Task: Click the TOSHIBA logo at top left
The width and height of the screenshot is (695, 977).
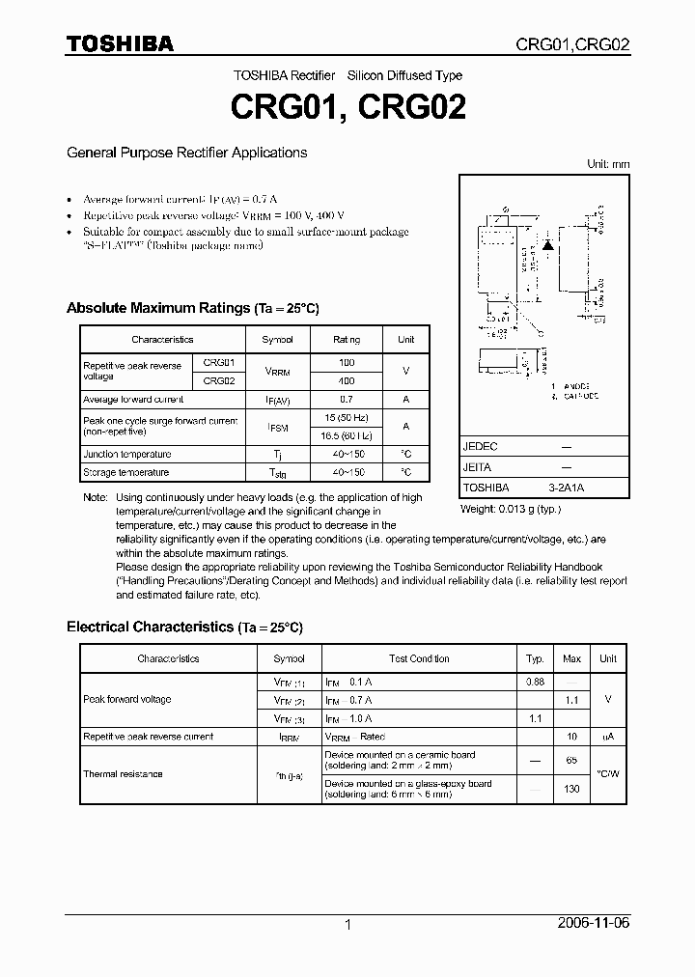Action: [120, 43]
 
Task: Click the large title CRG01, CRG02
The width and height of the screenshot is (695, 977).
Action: [347, 107]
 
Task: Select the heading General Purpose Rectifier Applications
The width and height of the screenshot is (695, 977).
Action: [186, 153]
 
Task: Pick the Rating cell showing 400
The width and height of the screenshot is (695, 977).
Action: [347, 381]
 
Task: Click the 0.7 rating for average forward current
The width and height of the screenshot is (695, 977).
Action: [347, 399]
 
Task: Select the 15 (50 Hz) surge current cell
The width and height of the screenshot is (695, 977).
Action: [347, 417]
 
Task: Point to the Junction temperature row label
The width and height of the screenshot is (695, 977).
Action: [127, 454]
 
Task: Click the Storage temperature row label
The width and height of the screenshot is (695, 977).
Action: [126, 472]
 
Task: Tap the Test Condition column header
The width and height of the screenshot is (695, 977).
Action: [419, 658]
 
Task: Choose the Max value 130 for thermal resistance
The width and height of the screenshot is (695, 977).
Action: [571, 789]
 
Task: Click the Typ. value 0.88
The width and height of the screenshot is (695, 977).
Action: [535, 682]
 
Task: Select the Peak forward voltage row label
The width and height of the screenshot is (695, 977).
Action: [127, 699]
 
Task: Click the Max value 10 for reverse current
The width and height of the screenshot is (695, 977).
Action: [571, 737]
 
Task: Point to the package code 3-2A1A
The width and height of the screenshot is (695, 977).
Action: [565, 488]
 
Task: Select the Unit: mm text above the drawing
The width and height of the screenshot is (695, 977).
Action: [608, 164]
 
